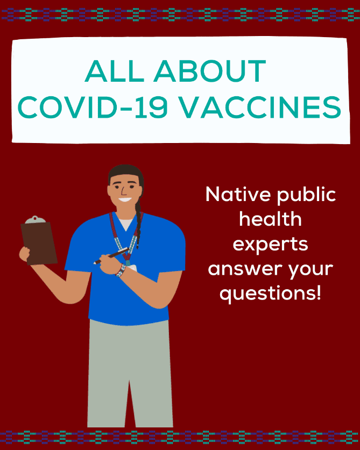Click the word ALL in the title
click(114, 71)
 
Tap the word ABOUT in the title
click(210, 71)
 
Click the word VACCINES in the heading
click(261, 107)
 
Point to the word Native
click(238, 194)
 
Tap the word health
click(270, 219)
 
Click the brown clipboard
click(39, 243)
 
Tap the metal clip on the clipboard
click(35, 219)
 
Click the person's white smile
click(125, 199)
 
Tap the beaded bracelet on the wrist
click(121, 270)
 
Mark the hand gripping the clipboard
click(24, 254)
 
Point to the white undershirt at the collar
click(126, 224)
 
